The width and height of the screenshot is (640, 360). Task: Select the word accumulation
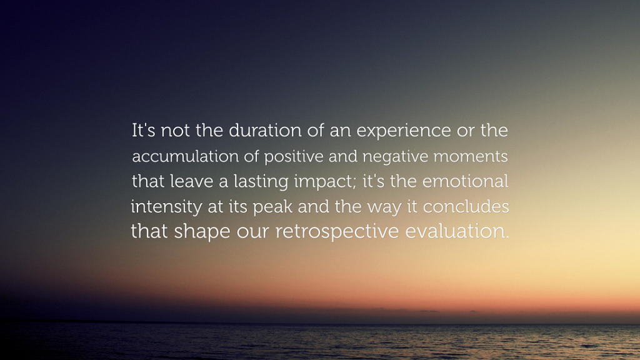185,156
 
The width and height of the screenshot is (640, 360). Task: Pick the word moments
471,157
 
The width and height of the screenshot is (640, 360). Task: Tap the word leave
191,181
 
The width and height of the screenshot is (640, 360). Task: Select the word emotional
465,181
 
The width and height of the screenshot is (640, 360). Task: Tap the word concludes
466,206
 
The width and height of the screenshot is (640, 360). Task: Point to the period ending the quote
507,237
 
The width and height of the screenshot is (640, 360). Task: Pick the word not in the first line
175,131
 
